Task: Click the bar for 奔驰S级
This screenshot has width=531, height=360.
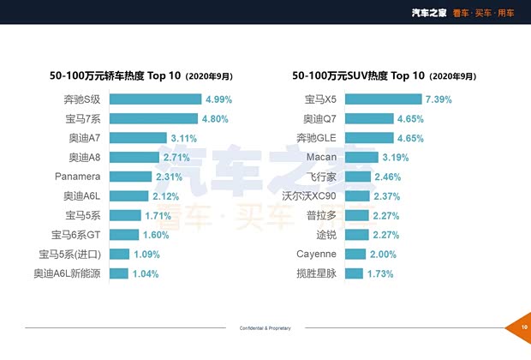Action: tap(155, 99)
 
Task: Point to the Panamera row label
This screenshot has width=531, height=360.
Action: tap(78, 177)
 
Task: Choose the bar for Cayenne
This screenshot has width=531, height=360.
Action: tap(355, 255)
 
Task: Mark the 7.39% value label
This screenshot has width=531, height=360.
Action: tap(439, 99)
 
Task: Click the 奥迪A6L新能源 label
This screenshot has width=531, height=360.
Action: tap(67, 273)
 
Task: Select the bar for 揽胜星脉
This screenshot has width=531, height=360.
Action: tap(355, 273)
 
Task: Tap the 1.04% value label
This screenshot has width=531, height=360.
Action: tap(146, 273)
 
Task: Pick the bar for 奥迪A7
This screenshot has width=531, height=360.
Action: tap(138, 138)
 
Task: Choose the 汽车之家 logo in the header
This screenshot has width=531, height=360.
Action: tap(429, 12)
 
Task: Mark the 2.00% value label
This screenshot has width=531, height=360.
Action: tap(383, 255)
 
